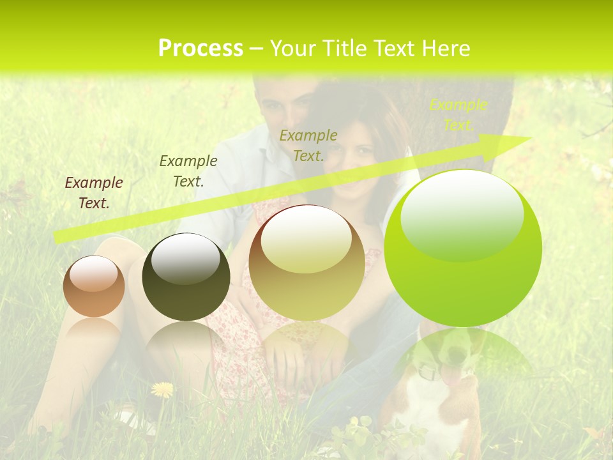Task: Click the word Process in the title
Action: tap(201, 49)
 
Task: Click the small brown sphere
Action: tap(94, 287)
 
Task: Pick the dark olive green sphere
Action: tap(186, 277)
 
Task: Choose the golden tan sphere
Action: tap(306, 263)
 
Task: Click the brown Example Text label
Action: tap(93, 193)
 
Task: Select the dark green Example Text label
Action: tap(188, 171)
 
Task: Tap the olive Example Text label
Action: tap(308, 145)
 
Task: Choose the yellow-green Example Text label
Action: tap(458, 115)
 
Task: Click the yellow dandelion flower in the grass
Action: tap(162, 389)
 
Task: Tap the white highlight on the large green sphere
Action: tap(462, 216)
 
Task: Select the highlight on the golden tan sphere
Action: tap(306, 240)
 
